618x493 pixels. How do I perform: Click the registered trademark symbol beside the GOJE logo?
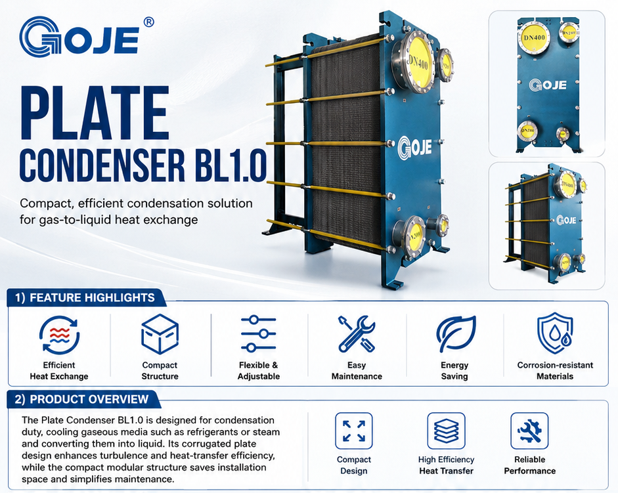coord(148,22)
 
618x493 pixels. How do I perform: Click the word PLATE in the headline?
coord(95,113)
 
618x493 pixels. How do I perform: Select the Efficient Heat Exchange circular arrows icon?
coord(60,335)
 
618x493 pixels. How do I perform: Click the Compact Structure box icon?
coord(160,333)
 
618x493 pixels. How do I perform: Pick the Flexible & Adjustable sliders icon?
coord(259,333)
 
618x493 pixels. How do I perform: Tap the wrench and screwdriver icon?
coord(357,333)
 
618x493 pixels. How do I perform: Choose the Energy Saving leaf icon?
coord(456,333)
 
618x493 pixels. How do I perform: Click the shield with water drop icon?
coord(555,333)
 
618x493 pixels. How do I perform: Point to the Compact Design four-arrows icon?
coord(353,431)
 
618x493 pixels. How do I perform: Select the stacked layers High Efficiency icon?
coord(446,431)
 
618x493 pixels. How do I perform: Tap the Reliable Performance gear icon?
coord(529,431)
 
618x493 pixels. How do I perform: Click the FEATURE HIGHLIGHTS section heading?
coord(92,297)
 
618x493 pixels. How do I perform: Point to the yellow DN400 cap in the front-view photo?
coord(534,38)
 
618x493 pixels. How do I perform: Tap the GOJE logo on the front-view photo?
coord(548,85)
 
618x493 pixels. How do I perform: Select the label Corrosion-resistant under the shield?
coord(555,365)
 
